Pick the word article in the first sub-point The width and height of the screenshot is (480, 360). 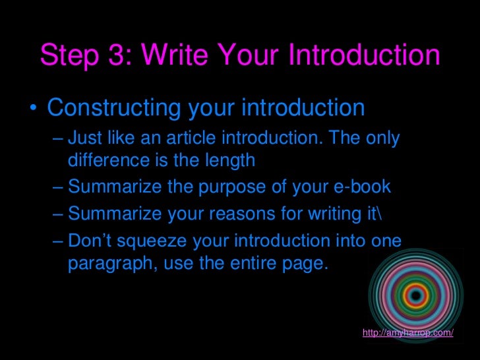(193, 139)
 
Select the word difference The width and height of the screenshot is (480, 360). (107, 160)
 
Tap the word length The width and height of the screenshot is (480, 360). (231, 160)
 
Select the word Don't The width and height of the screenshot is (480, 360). (90, 241)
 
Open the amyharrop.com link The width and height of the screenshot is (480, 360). (408, 332)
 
